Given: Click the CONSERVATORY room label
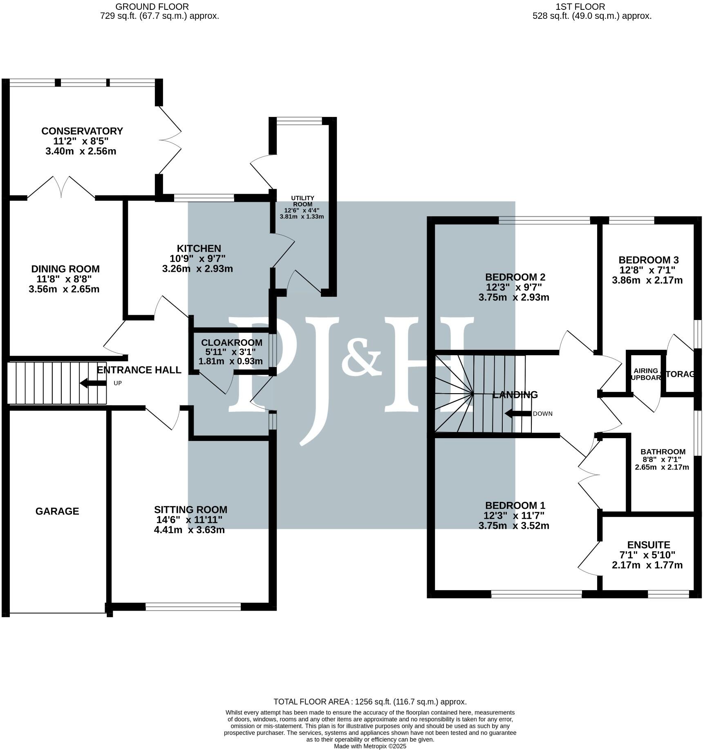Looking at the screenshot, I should (82, 131).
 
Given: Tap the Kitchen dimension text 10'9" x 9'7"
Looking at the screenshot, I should (197, 259).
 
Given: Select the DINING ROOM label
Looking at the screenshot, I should (65, 269).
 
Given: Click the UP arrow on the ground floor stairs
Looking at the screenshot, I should (92, 383).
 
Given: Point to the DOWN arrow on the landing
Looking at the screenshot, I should (518, 414).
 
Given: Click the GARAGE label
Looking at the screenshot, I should (57, 511).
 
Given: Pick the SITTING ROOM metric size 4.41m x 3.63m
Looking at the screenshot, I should (189, 530).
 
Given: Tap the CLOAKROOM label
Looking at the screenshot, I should (231, 343).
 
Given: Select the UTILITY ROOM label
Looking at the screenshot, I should (302, 201).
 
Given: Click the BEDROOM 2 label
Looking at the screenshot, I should (515, 277).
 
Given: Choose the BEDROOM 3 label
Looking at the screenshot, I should (648, 260).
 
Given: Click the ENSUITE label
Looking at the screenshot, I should (649, 545).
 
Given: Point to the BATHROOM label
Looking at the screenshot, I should (663, 452).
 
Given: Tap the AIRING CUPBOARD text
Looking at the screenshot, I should (645, 374).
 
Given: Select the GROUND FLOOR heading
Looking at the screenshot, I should (152, 7).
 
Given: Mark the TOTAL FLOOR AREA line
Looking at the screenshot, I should (370, 702).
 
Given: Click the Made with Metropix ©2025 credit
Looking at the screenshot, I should (370, 746).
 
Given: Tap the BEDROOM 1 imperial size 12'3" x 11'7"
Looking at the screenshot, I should (514, 516).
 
